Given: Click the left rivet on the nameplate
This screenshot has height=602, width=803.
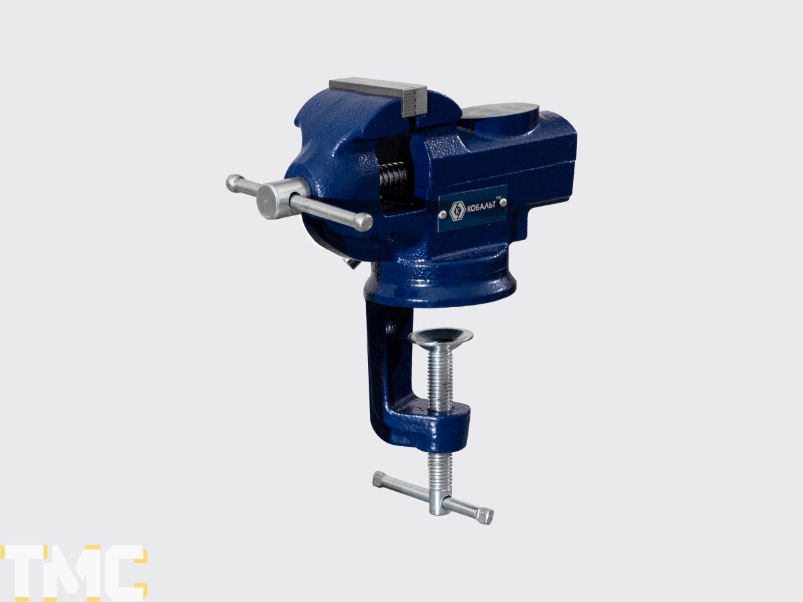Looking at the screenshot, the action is pyautogui.click(x=444, y=215).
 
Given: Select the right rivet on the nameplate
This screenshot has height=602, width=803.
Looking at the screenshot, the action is pyautogui.click(x=503, y=202).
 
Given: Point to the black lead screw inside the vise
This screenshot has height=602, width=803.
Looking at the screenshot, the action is pyautogui.click(x=394, y=179).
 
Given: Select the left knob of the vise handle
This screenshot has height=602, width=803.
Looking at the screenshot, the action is pyautogui.click(x=235, y=183).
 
